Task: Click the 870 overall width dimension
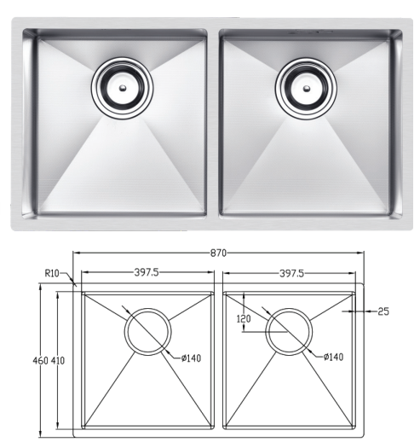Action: [x=218, y=253]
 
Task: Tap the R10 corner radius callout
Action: [x=52, y=273]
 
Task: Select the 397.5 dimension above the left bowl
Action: [x=147, y=272]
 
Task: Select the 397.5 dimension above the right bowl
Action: [x=291, y=274]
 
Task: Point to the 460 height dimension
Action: [x=41, y=361]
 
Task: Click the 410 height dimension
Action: [x=58, y=361]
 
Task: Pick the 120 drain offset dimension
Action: [x=244, y=318]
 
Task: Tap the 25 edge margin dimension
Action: [x=383, y=311]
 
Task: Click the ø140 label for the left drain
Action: [x=191, y=358]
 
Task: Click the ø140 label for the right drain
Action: [x=334, y=357]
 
